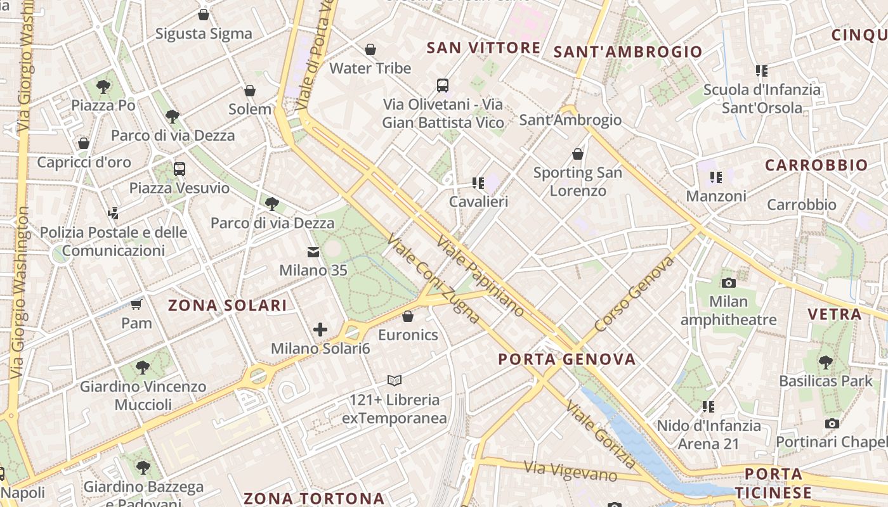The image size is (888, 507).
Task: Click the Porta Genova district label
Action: [x=566, y=359]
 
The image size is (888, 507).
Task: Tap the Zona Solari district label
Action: [x=227, y=305]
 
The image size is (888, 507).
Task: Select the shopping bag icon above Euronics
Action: [x=408, y=316]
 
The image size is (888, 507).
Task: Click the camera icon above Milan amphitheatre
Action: [x=728, y=283]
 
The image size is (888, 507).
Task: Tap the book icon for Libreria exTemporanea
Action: [x=395, y=381]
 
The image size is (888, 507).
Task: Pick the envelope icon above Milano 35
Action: [x=313, y=252]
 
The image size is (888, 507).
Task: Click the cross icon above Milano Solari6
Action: [x=320, y=330]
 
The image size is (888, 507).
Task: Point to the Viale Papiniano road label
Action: [x=481, y=276]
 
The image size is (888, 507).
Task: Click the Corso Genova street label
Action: [x=634, y=293]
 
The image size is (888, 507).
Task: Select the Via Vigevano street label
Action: [x=571, y=471]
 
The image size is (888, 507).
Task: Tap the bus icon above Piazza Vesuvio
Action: [x=180, y=169]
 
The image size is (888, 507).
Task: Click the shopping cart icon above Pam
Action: [x=136, y=305]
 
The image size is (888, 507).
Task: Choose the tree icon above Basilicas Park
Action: [x=825, y=363]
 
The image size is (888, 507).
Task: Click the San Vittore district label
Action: [x=483, y=48]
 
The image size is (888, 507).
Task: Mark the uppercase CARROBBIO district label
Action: [x=816, y=165]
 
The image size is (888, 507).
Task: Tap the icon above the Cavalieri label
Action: [x=478, y=183]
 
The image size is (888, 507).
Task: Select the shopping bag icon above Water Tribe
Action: [x=370, y=49]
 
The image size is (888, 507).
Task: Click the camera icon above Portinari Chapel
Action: [x=832, y=423]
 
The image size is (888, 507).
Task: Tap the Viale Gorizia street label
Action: [x=601, y=434]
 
